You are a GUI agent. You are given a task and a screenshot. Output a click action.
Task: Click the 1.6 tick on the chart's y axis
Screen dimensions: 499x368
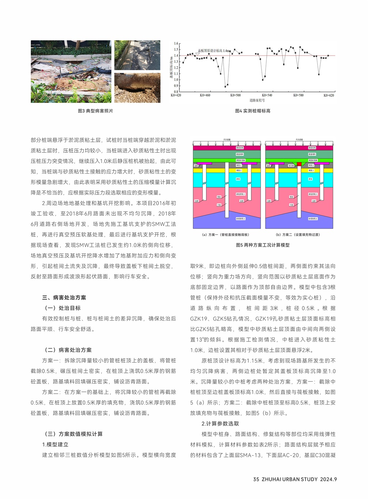[176, 44]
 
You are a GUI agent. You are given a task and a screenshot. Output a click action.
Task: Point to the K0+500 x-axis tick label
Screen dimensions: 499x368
[236, 95]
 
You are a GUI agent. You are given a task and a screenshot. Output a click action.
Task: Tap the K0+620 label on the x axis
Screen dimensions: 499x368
[329, 95]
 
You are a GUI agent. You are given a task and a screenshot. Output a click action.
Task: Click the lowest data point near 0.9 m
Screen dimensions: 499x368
[225, 87]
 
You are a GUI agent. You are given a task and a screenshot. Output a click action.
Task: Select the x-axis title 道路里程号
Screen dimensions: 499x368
[257, 100]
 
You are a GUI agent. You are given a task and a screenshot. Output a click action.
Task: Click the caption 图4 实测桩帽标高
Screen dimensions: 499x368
[252, 111]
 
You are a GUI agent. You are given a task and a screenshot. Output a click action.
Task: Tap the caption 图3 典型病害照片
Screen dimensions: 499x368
[95, 111]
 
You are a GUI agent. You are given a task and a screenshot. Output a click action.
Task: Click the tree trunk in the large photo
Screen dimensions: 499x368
[78, 45]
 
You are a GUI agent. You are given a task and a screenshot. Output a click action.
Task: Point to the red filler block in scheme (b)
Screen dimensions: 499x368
[299, 164]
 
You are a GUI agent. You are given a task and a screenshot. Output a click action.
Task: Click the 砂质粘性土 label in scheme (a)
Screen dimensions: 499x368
[240, 219]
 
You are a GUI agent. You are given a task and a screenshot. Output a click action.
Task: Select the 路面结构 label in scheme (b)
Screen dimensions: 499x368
[312, 148]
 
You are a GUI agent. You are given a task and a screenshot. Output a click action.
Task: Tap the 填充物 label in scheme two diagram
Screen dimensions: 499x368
[291, 166]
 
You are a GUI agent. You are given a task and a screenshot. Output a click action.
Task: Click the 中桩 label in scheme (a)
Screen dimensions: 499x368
[219, 205]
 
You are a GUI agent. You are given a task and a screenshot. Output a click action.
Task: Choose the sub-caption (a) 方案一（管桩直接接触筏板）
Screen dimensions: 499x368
[226, 235]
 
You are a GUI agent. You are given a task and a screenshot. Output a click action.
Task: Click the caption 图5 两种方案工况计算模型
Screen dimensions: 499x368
[263, 245]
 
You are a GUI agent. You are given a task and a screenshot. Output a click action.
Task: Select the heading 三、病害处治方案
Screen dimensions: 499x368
[64, 298]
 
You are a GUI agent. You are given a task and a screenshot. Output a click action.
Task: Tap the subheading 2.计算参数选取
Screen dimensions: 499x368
[220, 423]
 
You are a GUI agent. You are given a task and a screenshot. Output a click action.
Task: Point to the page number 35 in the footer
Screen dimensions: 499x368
[256, 479]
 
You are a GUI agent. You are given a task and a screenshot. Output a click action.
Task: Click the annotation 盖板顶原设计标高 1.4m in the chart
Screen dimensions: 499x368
[214, 51]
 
